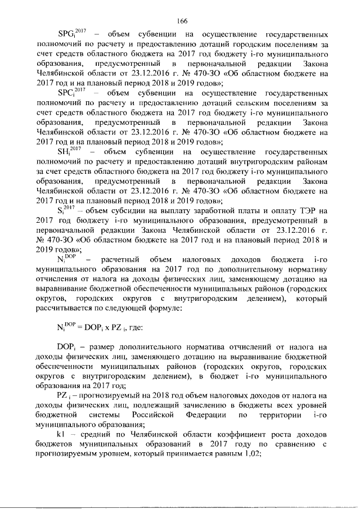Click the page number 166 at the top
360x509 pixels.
coord(181,21)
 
